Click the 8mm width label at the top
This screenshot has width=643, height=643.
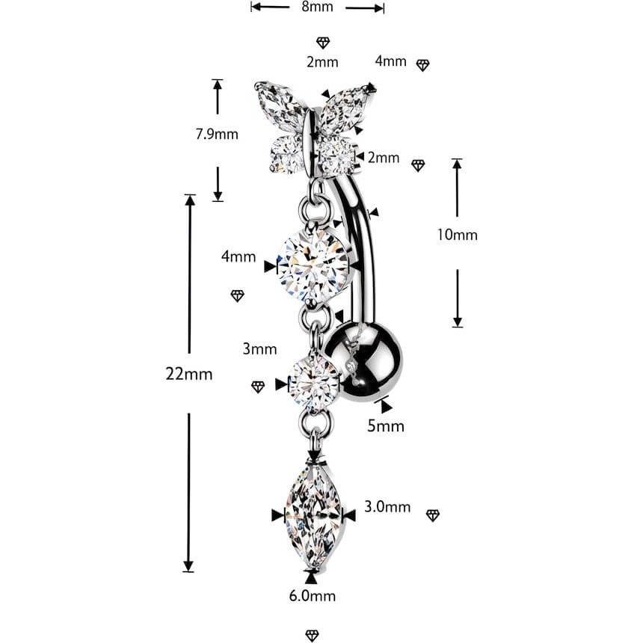click(x=317, y=7)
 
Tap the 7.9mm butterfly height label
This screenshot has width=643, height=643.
click(x=217, y=134)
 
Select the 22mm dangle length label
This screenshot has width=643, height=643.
click(x=189, y=374)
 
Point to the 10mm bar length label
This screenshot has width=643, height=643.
click(x=457, y=235)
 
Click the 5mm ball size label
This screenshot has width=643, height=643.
click(x=386, y=426)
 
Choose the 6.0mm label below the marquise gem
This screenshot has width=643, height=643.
click(x=312, y=595)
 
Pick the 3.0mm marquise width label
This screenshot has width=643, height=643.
click(x=387, y=507)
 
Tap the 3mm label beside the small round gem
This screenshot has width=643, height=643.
click(x=259, y=349)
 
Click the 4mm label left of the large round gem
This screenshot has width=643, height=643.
click(x=239, y=256)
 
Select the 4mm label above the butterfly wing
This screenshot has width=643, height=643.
click(x=390, y=61)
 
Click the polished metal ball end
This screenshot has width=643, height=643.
click(x=363, y=363)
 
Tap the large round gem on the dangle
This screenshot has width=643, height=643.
click(x=313, y=267)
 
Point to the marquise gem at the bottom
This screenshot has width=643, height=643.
click(x=313, y=517)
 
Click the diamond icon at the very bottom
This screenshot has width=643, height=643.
click(x=312, y=636)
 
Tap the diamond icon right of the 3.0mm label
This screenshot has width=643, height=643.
click(x=433, y=515)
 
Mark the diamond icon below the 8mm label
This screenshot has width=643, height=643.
click(x=323, y=42)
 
